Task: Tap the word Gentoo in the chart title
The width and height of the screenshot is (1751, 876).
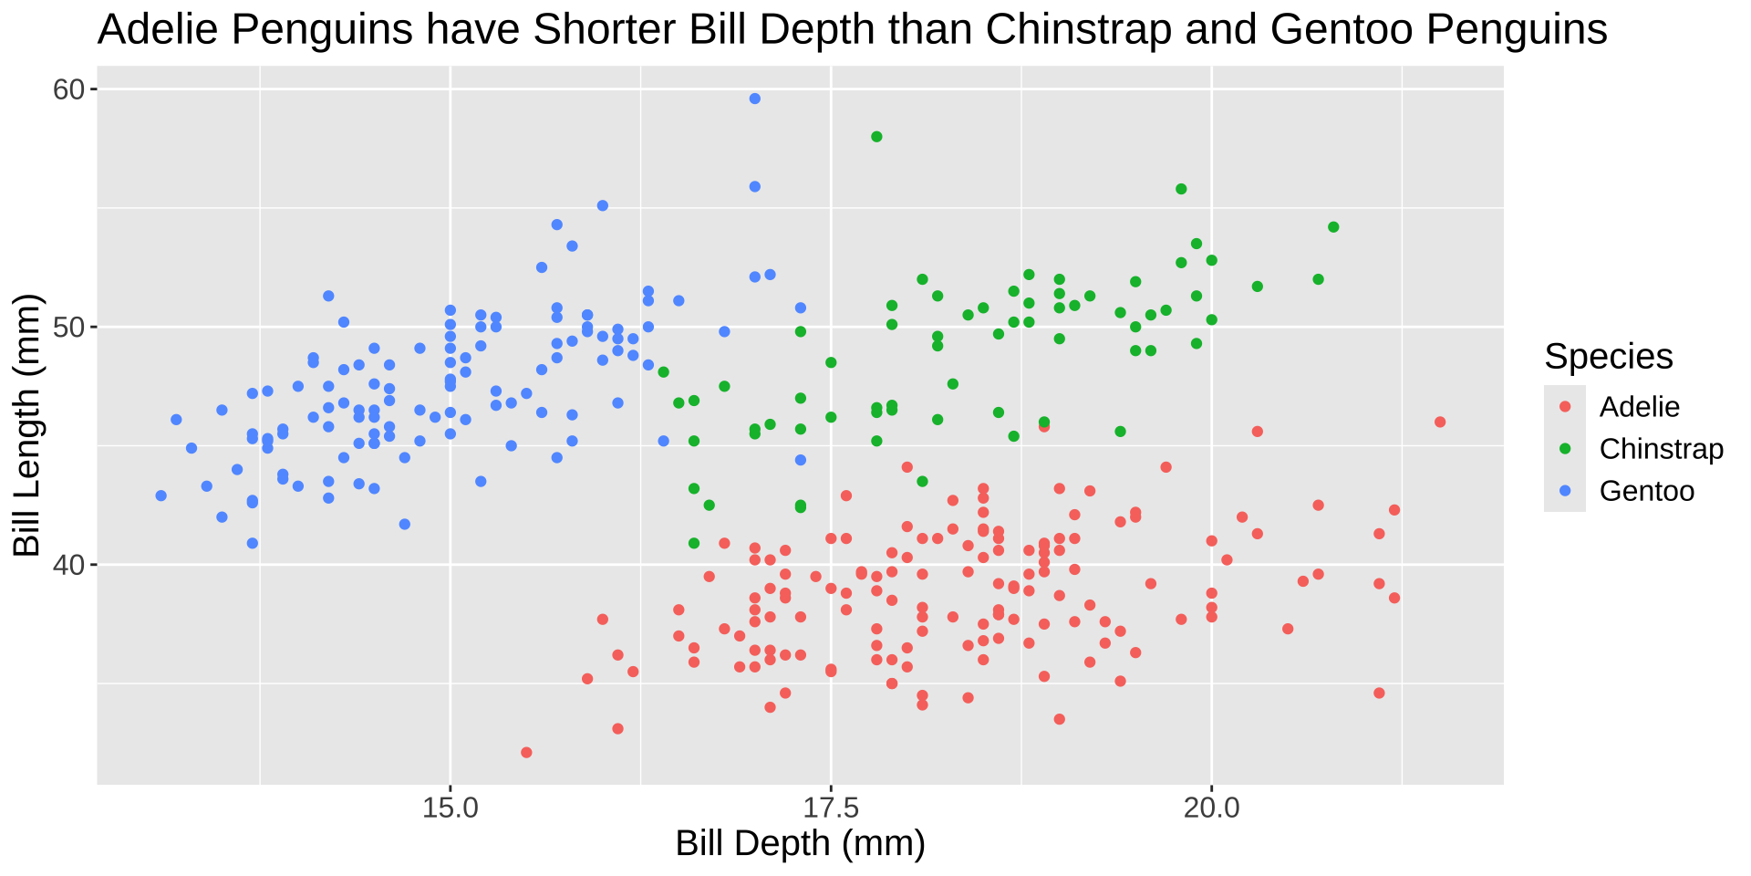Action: tap(1340, 30)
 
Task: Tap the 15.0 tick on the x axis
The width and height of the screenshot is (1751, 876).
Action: tap(450, 808)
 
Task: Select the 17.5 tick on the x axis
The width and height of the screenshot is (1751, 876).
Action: tap(830, 808)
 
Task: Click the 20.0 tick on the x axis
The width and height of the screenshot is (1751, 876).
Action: tap(1211, 808)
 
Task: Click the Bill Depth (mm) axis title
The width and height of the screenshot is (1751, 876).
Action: tap(800, 844)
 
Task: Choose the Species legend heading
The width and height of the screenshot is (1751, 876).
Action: tap(1608, 357)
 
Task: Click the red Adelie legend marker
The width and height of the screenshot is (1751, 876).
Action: tap(1565, 406)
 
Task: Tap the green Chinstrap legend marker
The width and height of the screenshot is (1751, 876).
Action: tap(1565, 449)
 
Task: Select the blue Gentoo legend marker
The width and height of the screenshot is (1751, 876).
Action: tap(1565, 491)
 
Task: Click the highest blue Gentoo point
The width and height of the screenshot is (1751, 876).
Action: tap(754, 99)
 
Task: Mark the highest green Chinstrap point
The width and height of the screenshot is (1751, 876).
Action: tap(876, 137)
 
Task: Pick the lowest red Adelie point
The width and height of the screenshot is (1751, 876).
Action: tap(526, 753)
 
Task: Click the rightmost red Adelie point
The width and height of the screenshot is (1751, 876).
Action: tap(1440, 422)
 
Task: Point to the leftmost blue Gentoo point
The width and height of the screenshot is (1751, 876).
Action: tap(161, 495)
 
